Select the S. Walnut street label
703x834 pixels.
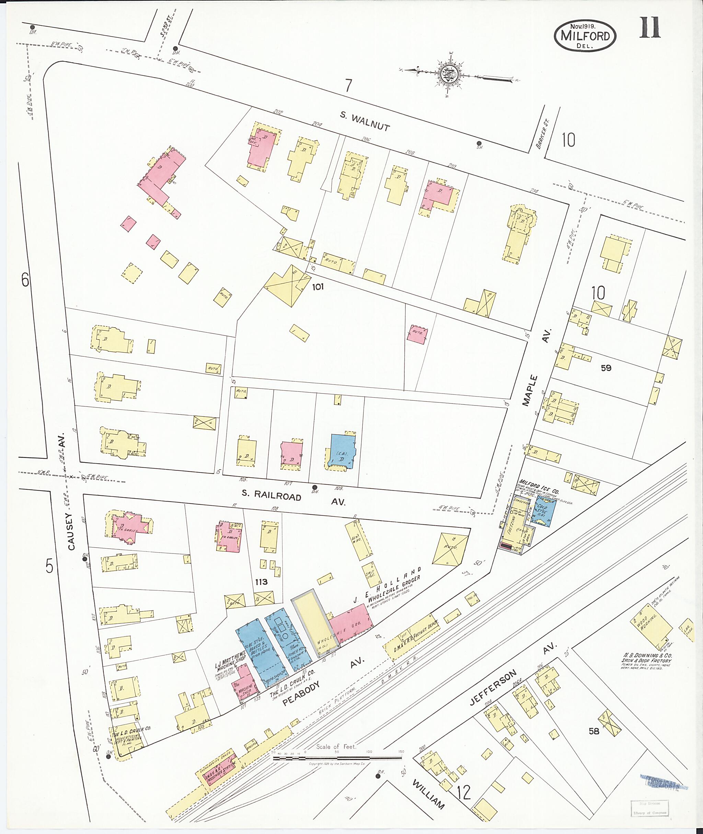365,121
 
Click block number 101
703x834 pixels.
318,287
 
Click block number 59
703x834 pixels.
606,368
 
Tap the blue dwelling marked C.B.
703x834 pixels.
342,453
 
